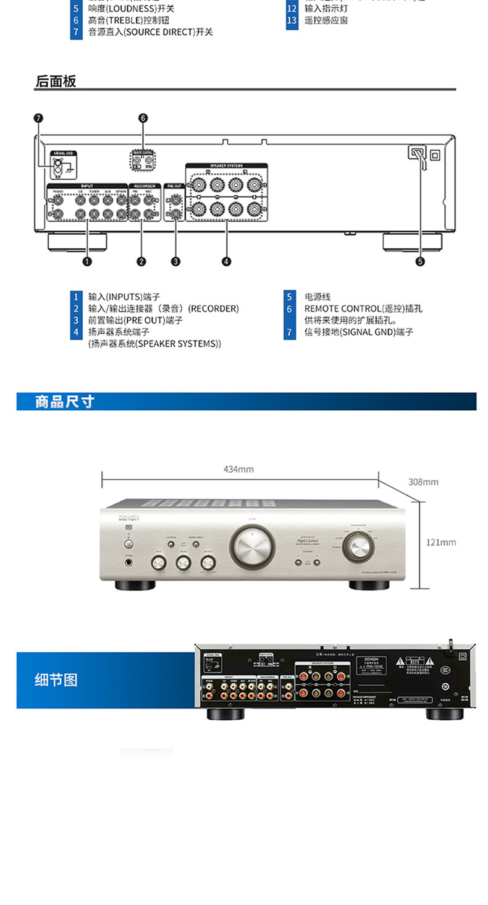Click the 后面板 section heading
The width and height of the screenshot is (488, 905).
pos(56,82)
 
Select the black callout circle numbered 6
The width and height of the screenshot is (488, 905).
pos(143,118)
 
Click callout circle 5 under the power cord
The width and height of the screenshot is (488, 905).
pos(420,261)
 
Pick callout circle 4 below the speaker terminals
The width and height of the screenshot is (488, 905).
pos(226,261)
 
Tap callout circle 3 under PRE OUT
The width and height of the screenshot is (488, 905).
pos(176,261)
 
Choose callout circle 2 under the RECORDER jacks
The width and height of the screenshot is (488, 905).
pos(141,261)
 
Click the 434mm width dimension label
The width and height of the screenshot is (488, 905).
pos(238,469)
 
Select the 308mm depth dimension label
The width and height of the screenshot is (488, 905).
pos(423,482)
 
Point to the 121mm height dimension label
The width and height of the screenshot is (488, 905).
pos(441,542)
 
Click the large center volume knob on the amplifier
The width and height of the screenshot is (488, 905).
pos(252,545)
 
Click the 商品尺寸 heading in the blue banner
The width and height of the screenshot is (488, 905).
pos(64,402)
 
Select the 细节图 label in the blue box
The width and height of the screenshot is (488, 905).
pos(56,680)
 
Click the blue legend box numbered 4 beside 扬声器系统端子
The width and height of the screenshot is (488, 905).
pos(76,332)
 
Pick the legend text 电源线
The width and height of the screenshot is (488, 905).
pos(318,297)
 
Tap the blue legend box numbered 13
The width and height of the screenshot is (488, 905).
pos(292,20)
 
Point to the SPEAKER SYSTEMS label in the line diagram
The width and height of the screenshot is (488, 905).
pos(226,166)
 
